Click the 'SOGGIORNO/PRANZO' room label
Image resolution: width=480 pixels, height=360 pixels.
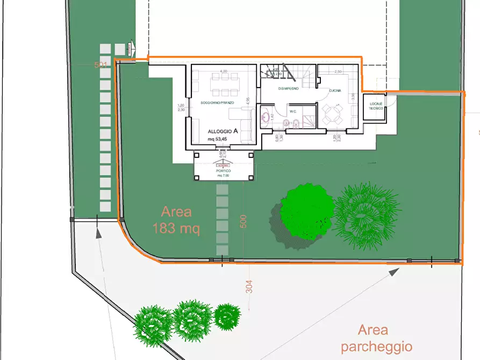(217, 102)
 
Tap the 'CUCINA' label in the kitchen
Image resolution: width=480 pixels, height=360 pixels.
(335, 91)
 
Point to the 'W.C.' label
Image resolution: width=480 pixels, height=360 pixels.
(293, 112)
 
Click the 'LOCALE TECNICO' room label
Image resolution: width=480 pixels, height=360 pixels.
(376, 105)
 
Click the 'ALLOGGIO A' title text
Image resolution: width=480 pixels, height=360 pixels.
(223, 131)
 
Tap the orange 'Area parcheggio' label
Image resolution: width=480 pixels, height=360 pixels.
(376, 339)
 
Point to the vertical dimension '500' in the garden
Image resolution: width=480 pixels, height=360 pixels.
(243, 221)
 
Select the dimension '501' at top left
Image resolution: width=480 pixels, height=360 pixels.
(101, 64)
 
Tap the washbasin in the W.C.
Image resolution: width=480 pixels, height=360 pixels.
(266, 116)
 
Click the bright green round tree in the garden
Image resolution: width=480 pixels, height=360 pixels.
(307, 211)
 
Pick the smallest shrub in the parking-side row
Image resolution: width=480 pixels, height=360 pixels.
(227, 316)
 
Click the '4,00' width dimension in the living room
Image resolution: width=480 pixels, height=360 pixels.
(223, 71)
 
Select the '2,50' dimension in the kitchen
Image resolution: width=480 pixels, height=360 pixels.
(338, 71)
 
